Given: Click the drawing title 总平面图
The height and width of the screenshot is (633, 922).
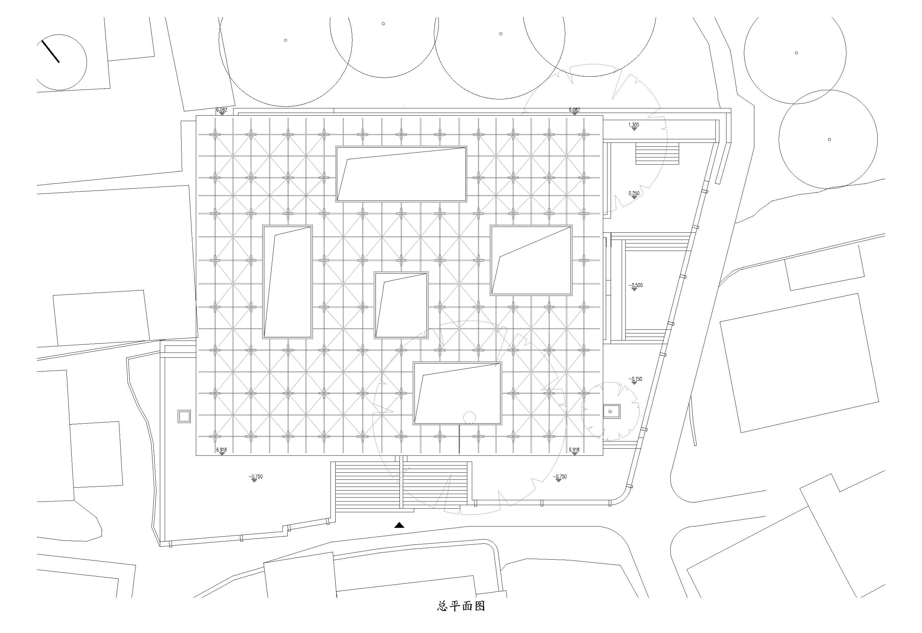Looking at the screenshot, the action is pyautogui.click(x=461, y=617).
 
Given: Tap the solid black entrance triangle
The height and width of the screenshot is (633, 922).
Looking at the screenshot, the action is pyautogui.click(x=399, y=525).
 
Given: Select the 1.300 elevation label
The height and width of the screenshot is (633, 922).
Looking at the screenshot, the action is pyautogui.click(x=634, y=125).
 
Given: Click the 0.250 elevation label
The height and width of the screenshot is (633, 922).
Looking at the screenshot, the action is pyautogui.click(x=634, y=193).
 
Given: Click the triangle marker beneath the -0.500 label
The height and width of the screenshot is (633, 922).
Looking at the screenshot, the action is pyautogui.click(x=634, y=290).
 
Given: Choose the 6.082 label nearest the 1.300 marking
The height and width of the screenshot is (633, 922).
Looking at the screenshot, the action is pyautogui.click(x=574, y=110).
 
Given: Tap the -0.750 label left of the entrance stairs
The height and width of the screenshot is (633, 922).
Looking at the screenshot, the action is pyautogui.click(x=256, y=477).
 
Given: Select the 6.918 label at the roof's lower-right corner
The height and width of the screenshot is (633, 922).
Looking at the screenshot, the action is pyautogui.click(x=574, y=450).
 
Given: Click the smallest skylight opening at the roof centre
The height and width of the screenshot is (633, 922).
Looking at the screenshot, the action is pyautogui.click(x=401, y=305).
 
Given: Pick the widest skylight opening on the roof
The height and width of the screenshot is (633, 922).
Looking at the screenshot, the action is pyautogui.click(x=401, y=174).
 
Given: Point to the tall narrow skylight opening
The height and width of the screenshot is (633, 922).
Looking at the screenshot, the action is pyautogui.click(x=287, y=281).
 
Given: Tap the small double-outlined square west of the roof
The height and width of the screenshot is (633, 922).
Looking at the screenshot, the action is pyautogui.click(x=185, y=416).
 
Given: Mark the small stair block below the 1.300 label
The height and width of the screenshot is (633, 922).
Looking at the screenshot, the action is pyautogui.click(x=657, y=154).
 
